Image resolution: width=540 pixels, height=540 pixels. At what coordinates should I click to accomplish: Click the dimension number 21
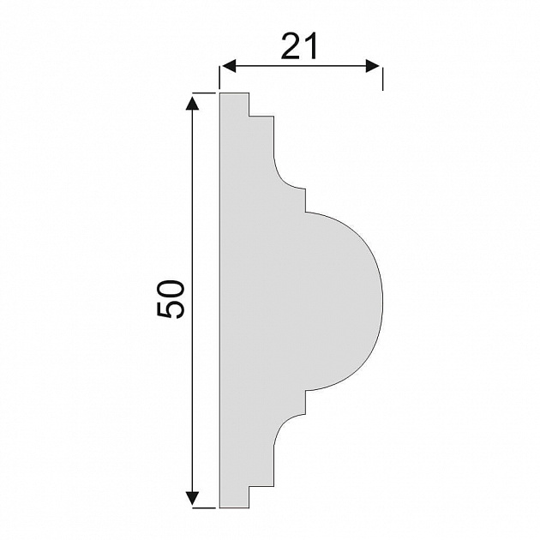point(299,46)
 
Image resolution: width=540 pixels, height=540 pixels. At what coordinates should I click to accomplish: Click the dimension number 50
point(171,299)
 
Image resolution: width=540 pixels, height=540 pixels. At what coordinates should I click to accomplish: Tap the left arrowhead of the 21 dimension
point(228,66)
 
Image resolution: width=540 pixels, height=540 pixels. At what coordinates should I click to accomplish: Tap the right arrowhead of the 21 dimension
point(372,66)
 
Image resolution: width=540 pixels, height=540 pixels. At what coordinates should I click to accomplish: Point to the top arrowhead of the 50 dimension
point(192,104)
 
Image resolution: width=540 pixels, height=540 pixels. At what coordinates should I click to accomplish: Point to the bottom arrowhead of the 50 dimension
point(192,498)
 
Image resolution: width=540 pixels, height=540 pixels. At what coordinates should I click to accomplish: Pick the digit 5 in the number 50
point(171,309)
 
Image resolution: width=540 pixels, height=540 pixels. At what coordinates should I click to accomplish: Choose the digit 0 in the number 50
point(171,289)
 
